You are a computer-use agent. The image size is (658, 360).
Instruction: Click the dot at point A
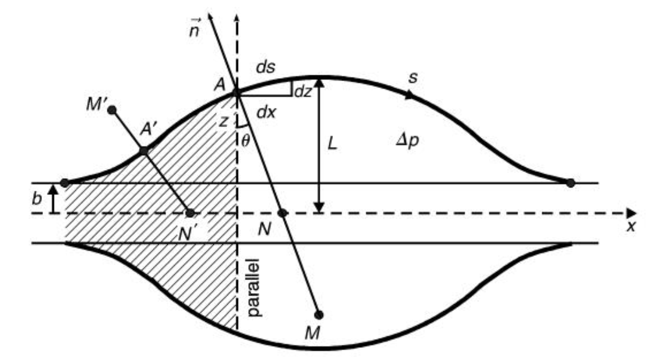[236, 92]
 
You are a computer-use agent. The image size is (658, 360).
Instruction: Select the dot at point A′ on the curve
[144, 151]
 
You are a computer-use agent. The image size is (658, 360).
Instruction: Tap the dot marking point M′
[112, 109]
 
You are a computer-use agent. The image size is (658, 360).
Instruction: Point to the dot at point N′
[189, 213]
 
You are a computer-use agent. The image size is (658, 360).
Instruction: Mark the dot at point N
[282, 213]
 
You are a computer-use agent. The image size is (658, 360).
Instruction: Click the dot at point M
[319, 315]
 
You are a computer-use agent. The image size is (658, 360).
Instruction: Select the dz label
[303, 91]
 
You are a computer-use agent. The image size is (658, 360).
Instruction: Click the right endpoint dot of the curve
[570, 183]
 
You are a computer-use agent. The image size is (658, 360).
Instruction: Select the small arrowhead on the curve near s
[409, 96]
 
